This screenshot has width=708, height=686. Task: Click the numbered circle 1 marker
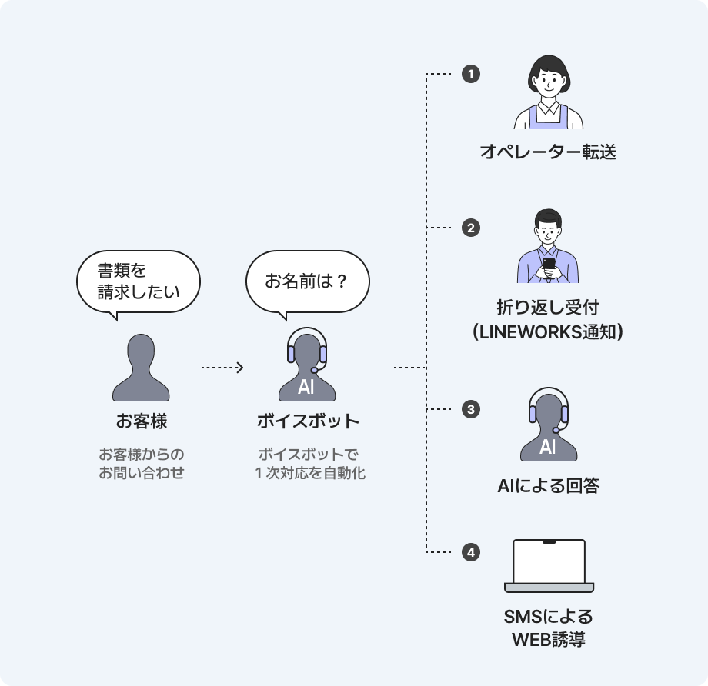click(x=471, y=74)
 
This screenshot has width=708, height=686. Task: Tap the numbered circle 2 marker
click(x=471, y=228)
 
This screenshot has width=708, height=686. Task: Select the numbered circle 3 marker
click(x=471, y=409)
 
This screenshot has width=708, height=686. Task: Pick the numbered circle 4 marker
click(x=471, y=552)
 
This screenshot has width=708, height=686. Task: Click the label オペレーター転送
click(x=548, y=152)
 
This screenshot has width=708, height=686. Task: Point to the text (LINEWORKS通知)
click(x=548, y=332)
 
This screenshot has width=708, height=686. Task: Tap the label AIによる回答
click(x=548, y=486)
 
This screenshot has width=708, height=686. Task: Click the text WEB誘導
click(x=548, y=640)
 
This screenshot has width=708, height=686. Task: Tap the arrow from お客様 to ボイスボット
click(x=223, y=368)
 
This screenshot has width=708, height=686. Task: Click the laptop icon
click(x=549, y=566)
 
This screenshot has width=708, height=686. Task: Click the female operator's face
click(x=549, y=85)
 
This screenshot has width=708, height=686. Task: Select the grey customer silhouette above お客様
click(x=141, y=368)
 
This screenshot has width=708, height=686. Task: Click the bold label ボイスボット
click(x=308, y=421)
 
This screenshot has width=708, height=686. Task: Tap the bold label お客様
click(x=142, y=421)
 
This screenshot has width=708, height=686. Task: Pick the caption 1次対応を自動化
click(x=309, y=473)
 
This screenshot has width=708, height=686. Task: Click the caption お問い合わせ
click(x=142, y=473)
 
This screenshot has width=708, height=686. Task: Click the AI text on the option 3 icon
click(x=548, y=448)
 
